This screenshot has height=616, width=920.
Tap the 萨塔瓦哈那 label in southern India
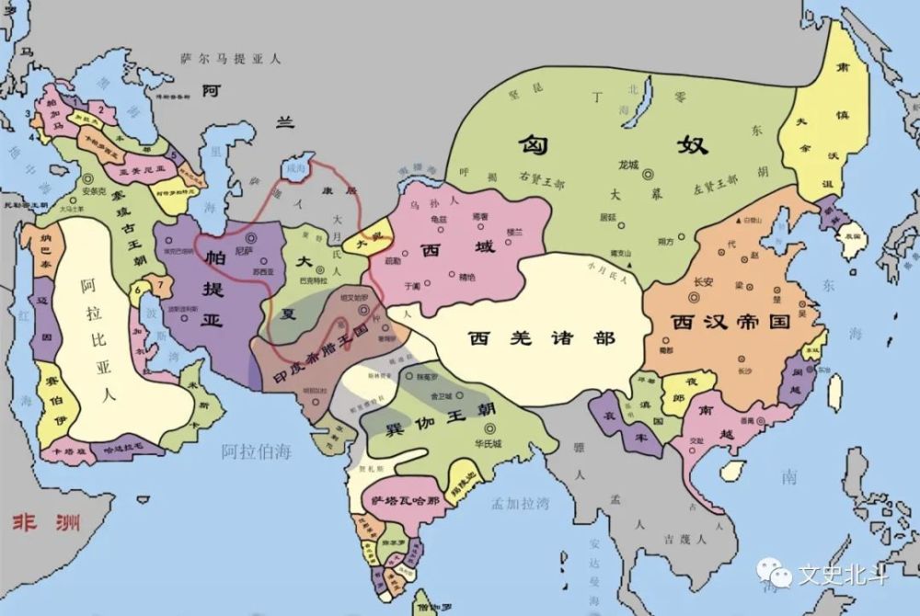(402, 500)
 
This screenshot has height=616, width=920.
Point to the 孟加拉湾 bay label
(520, 503)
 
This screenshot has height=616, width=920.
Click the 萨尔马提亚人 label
(230, 58)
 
